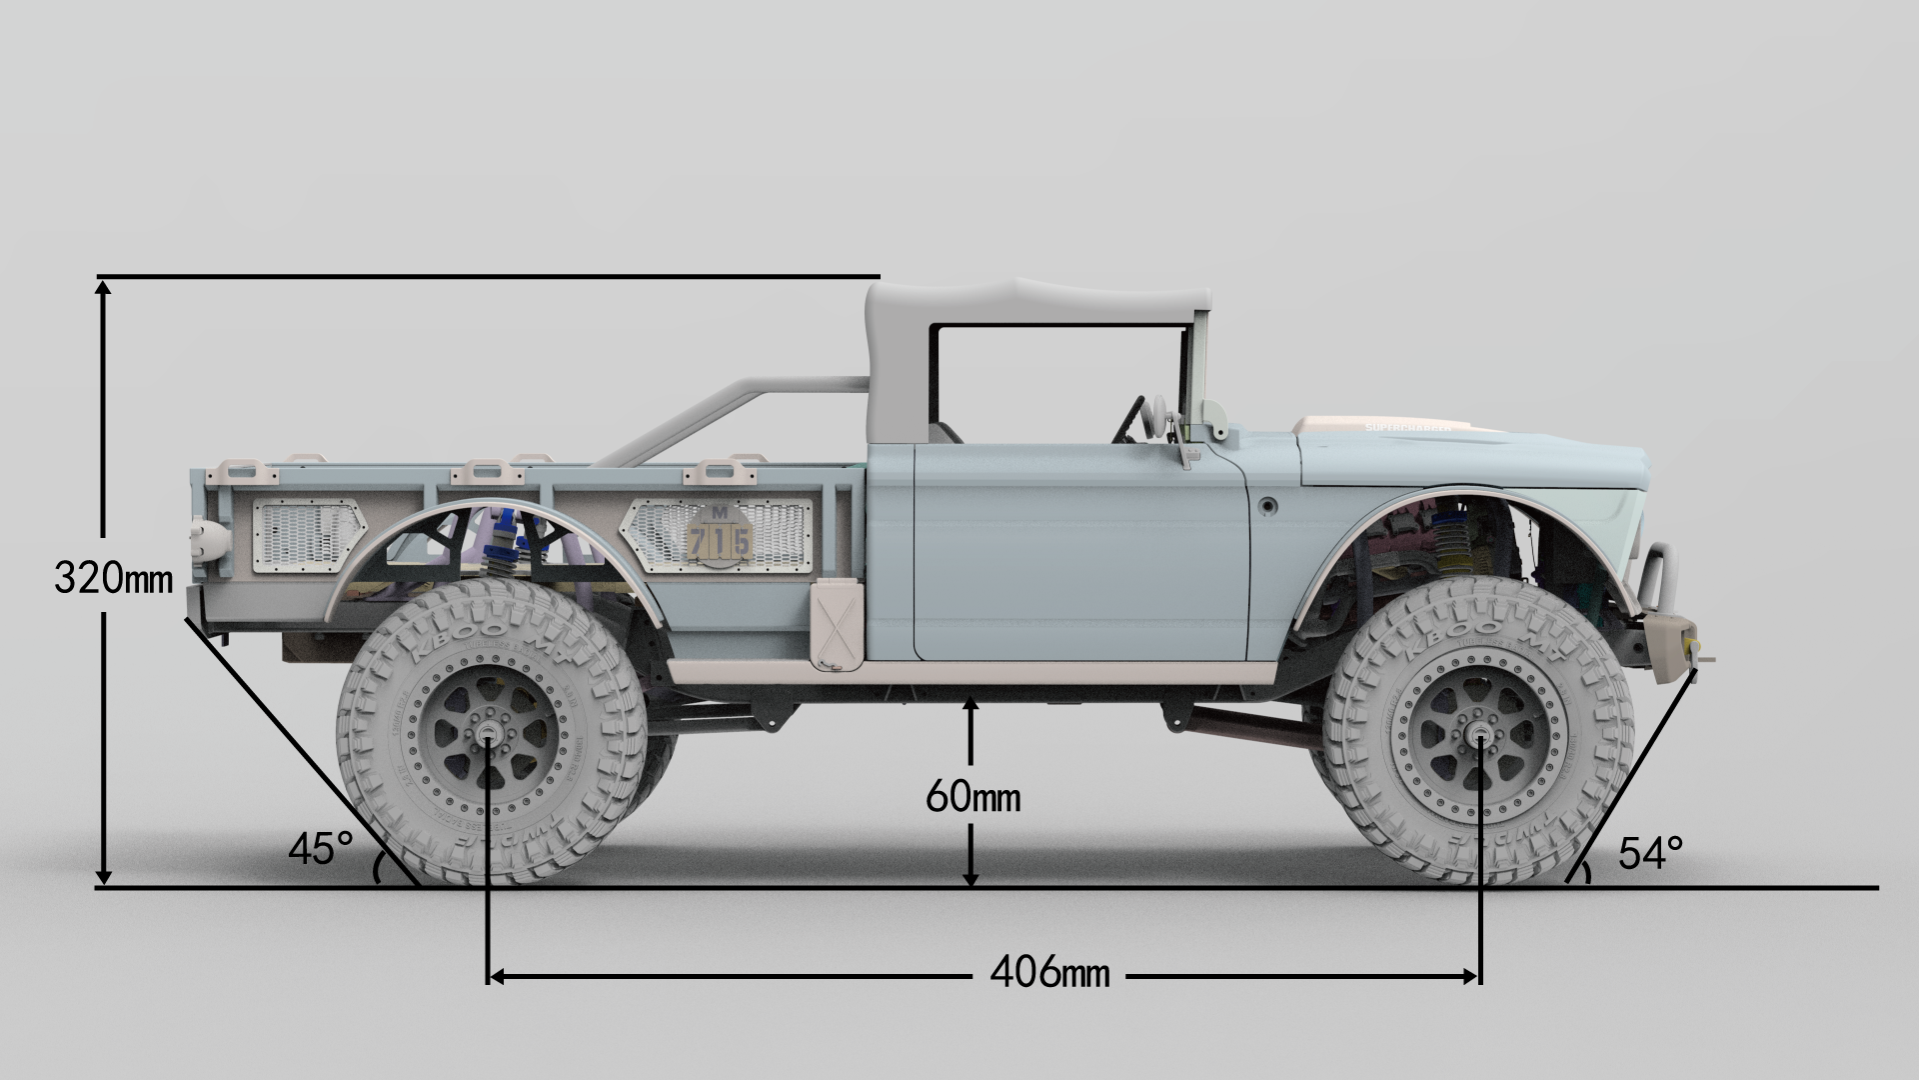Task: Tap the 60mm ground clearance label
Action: pos(972,797)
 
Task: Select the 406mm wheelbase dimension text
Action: pos(1049,971)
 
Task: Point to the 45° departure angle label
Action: pos(320,849)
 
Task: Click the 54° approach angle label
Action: pos(1650,853)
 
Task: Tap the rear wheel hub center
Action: pos(488,738)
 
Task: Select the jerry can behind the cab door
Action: pos(836,625)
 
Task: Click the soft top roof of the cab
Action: pos(1039,300)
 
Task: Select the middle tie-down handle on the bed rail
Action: pos(487,470)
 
